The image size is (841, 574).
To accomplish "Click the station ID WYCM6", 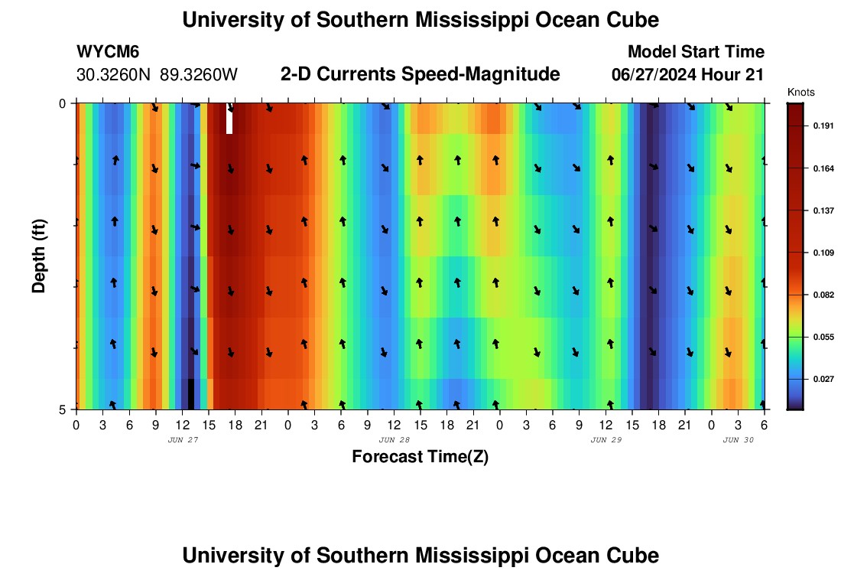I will (108, 53).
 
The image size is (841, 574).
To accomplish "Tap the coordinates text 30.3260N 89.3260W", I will (157, 75).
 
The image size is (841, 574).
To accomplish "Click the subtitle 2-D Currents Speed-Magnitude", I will (420, 74).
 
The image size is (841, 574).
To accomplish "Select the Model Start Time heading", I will (696, 52).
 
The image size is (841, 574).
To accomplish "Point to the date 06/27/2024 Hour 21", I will (688, 75).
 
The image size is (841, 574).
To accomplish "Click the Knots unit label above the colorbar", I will (800, 93).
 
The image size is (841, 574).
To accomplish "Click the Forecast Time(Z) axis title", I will (420, 457).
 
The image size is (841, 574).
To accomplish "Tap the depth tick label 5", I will (63, 409).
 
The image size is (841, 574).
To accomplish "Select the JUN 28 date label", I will (395, 440).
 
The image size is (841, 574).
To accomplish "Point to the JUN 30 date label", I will (739, 440).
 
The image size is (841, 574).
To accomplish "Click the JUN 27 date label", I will (183, 440).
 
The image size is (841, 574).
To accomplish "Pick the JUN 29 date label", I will (606, 440).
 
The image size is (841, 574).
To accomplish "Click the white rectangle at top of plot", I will (229, 119).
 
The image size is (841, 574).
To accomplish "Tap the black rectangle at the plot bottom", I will (190, 394).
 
